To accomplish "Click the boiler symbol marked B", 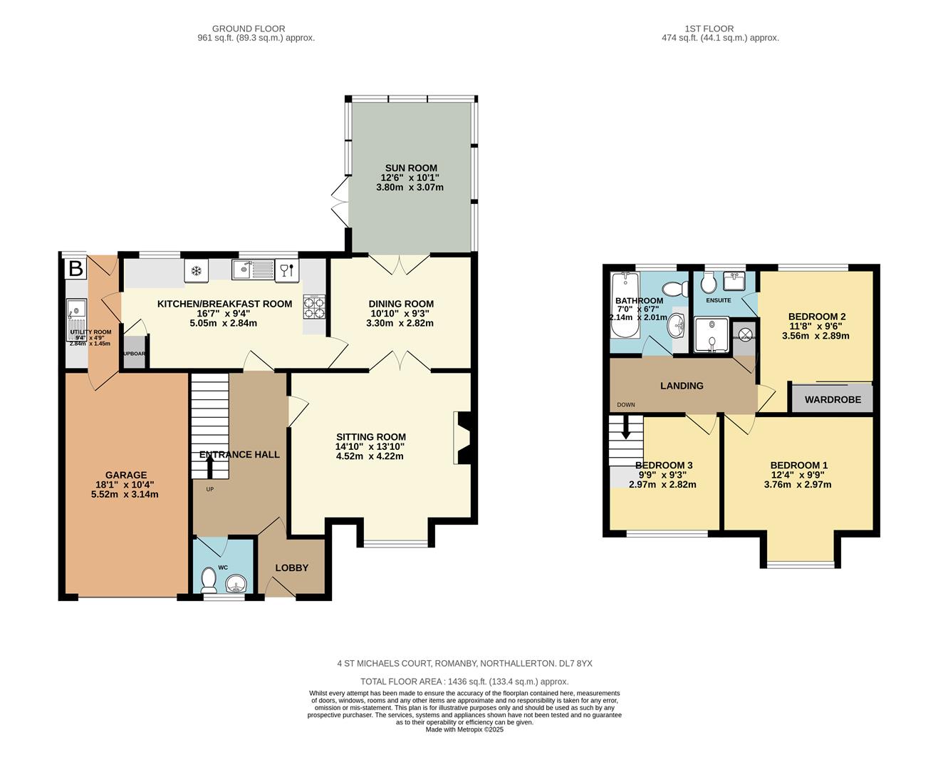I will pos(75,269).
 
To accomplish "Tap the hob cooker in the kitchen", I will pos(314,307).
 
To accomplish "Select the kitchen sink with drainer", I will pos(254,269).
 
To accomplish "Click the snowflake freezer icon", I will pos(195,270).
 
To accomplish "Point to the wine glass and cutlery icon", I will pos(287,269).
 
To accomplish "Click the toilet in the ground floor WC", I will pos(209,580).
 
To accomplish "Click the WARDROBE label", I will pos(833,400).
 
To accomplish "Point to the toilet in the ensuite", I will pos(708,284).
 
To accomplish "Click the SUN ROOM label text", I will pos(411,168).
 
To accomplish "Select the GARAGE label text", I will pos(126,475).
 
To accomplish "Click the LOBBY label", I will pos(292,568).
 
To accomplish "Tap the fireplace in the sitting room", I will pos(460,438).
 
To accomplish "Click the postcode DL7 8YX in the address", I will pos(575,663).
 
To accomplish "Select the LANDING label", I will pos(682,386).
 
